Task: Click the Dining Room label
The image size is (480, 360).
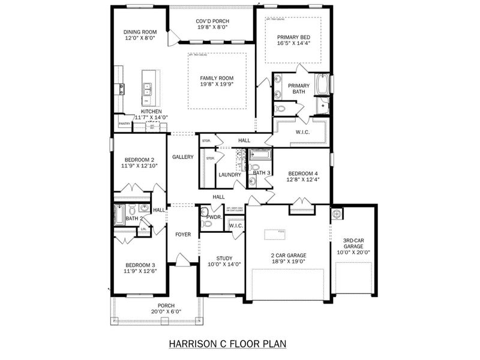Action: pyautogui.click(x=139, y=32)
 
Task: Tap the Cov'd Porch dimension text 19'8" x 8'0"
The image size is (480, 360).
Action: pyautogui.click(x=212, y=28)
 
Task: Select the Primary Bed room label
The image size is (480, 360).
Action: pyautogui.click(x=292, y=37)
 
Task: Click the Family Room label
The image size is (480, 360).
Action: pyautogui.click(x=217, y=78)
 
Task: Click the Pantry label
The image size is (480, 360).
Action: pyautogui.click(x=124, y=124)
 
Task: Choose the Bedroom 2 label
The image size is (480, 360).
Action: pyautogui.click(x=139, y=160)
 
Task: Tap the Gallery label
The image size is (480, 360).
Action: pyautogui.click(x=182, y=157)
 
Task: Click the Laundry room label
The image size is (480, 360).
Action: pyautogui.click(x=230, y=175)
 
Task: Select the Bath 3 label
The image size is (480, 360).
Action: pyautogui.click(x=261, y=173)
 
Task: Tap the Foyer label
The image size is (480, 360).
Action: pyautogui.click(x=182, y=234)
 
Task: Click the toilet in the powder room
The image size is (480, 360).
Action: pyautogui.click(x=206, y=224)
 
